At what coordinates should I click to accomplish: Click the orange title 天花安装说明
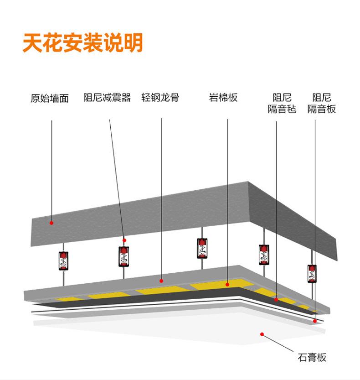82,42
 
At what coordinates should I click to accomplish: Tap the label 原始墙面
50,99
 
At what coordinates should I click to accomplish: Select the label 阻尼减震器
107,98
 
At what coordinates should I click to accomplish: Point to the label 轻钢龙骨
160,98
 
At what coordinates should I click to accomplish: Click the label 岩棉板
223,98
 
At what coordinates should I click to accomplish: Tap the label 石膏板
312,357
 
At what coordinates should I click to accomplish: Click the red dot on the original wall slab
51,223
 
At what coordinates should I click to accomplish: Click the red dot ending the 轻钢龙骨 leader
161,280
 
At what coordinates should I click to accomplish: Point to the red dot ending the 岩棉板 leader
227,284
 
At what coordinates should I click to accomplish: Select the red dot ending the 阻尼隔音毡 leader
276,300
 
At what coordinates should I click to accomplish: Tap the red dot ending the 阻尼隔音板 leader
314,321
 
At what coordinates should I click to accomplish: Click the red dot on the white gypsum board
262,334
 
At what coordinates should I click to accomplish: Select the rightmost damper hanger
312,273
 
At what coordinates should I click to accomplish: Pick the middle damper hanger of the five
203,248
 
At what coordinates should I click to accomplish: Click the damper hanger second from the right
264,255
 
